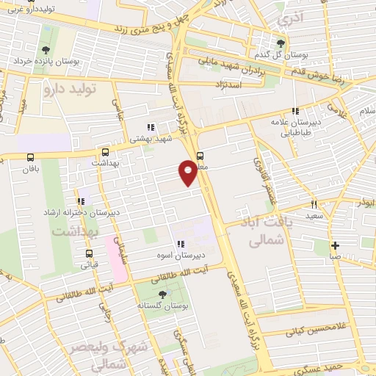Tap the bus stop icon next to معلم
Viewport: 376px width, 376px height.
tap(200, 155)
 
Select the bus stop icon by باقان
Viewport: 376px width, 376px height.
tap(31, 157)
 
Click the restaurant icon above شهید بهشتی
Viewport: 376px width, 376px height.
tap(151, 127)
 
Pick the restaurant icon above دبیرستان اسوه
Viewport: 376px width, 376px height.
tap(178, 245)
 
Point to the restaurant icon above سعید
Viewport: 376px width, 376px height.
tap(313, 204)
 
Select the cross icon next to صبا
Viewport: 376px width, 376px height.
tap(335, 246)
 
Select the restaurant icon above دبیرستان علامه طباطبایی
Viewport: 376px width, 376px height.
tap(295, 112)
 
